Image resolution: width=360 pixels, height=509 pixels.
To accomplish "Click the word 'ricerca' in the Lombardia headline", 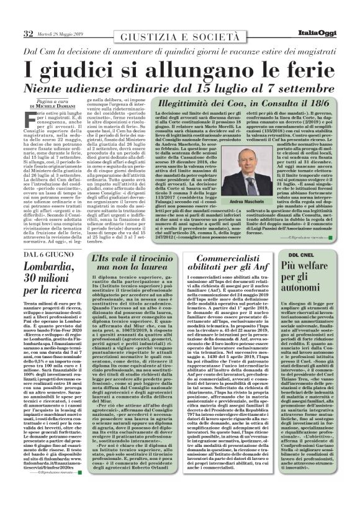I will (x=41, y=294).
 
